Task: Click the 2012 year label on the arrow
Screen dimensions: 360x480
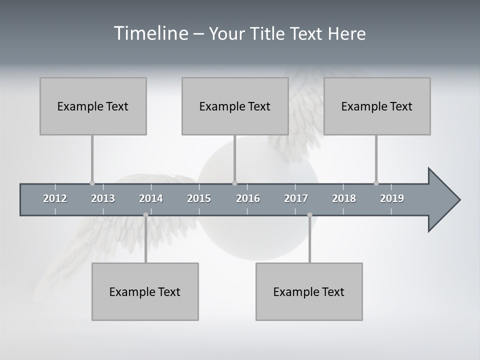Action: point(55,198)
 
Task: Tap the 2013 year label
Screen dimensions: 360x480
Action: point(103,198)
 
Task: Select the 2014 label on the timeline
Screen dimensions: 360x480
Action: point(151,198)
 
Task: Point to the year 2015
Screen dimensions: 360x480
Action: point(199,198)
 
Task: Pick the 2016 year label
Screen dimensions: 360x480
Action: point(248,198)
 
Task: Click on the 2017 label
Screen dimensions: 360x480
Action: point(296,198)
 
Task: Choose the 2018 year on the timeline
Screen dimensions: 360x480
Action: point(344,198)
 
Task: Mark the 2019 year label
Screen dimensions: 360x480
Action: point(392,198)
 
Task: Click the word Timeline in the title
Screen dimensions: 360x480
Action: point(150,33)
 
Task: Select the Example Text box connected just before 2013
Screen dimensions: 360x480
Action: point(93,106)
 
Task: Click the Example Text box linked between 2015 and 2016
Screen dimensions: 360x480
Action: point(235,106)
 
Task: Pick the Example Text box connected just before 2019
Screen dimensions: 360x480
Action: point(377,106)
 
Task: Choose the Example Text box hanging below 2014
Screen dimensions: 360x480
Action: point(145,291)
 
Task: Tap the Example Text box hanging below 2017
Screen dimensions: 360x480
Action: point(309,291)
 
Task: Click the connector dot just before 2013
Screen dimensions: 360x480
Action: point(92,183)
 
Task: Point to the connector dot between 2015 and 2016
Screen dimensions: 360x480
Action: point(235,183)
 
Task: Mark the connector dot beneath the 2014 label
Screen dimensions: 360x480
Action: point(145,215)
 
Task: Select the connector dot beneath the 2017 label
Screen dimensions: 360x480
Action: point(309,215)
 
